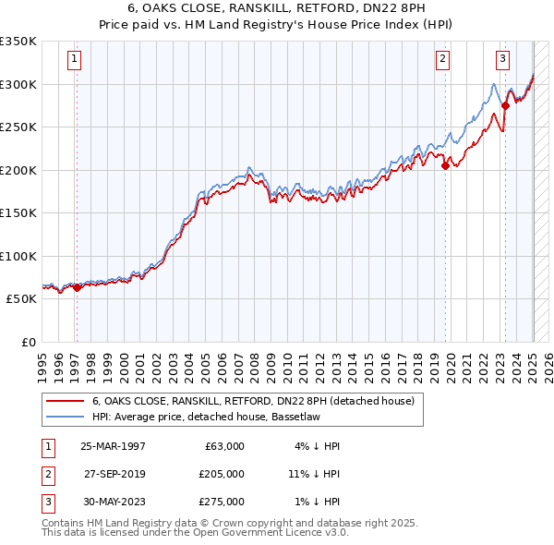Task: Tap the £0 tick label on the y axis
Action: tap(30, 342)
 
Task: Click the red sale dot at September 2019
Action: tap(445, 166)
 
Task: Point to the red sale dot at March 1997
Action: tap(77, 288)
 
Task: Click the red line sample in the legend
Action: tap(65, 401)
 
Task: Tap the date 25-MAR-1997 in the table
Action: tap(113, 446)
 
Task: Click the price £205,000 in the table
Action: tap(222, 474)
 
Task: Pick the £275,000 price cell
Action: tap(222, 502)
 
